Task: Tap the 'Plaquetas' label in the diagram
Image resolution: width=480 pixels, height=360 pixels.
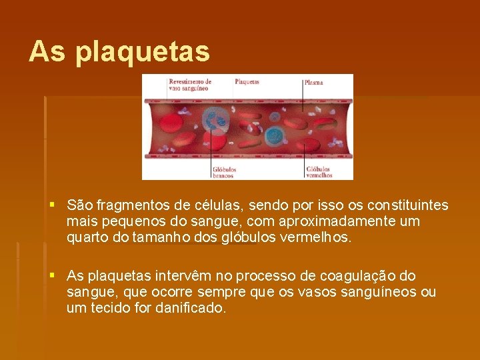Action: click(247, 82)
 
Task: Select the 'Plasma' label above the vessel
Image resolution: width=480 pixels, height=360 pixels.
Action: click(313, 82)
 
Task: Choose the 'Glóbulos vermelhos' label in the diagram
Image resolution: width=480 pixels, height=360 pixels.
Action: click(319, 172)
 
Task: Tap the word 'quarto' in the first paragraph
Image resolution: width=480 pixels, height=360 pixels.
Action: click(87, 237)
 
